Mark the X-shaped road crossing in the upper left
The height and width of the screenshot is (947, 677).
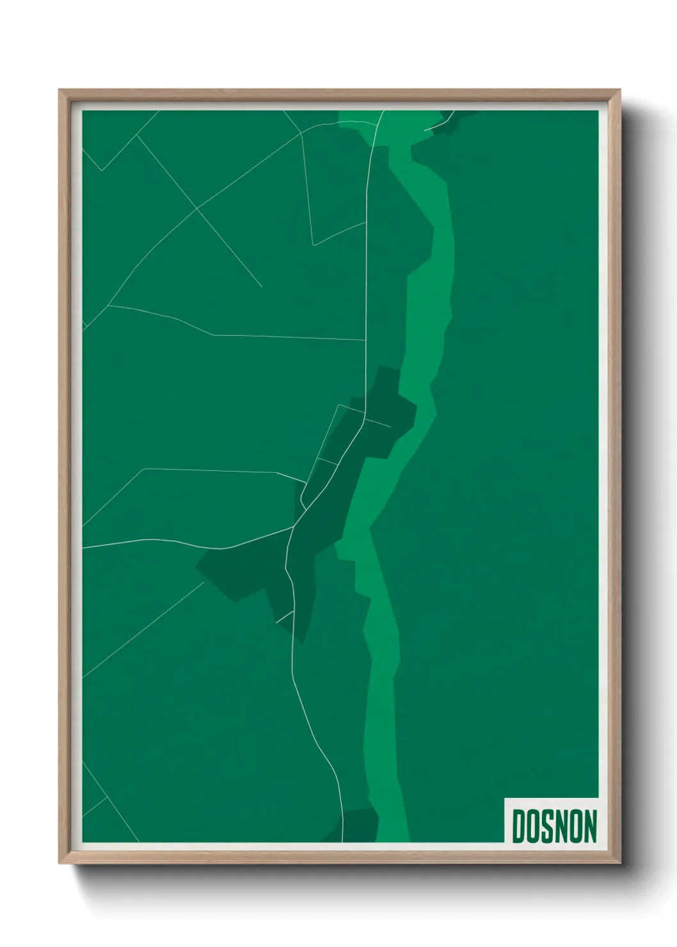tap(197, 209)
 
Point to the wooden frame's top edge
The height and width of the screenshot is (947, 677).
tap(339, 93)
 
